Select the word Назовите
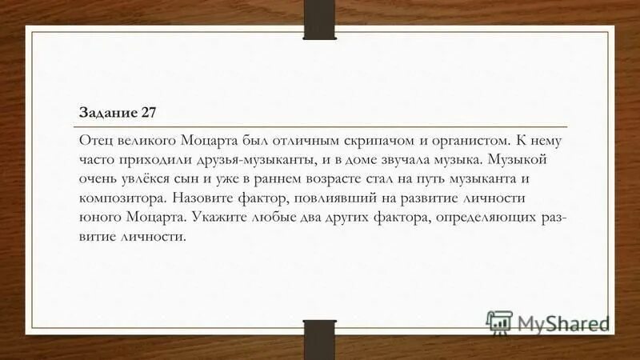coord(206,198)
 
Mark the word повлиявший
coord(334,198)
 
